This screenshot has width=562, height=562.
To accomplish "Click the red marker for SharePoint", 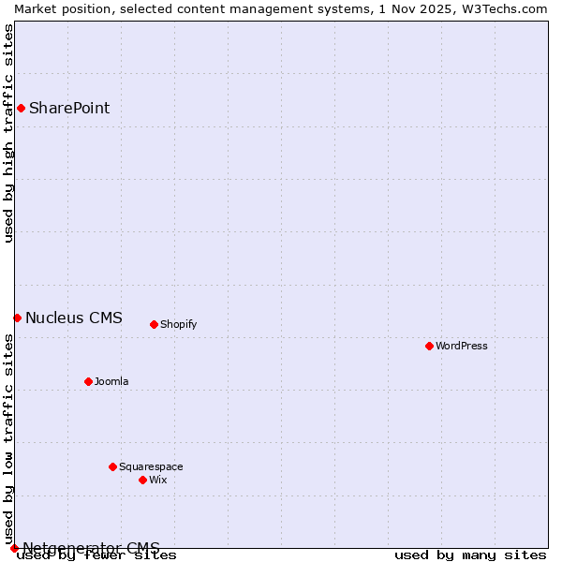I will coord(21,108).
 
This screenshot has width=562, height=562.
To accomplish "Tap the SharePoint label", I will coord(69,108).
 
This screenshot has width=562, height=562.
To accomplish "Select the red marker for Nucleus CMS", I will coord(17,318).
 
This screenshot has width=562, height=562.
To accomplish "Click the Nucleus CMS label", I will coord(74,318).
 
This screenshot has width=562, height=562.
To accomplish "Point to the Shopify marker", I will coord(154,324).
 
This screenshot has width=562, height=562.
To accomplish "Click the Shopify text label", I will coord(178,324).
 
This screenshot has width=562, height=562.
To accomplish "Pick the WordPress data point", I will coord(429,346).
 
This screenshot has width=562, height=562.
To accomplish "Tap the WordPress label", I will coord(462,346).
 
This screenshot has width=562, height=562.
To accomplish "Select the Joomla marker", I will coord(88,381).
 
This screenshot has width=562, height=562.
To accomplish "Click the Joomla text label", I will coord(111,381).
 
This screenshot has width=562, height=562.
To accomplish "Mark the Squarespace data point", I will coord(112,466).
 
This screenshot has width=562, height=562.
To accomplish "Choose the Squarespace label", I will coord(151,466).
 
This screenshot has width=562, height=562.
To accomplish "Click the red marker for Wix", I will coord(142,480).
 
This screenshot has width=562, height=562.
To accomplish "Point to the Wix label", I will coord(158,480).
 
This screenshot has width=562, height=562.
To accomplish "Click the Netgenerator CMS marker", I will coord(14,548).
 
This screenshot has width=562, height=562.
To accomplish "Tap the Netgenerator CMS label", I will coord(91,548).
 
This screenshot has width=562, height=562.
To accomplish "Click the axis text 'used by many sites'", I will coord(470,555).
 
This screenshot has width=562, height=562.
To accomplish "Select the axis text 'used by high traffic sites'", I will coord(8,133).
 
